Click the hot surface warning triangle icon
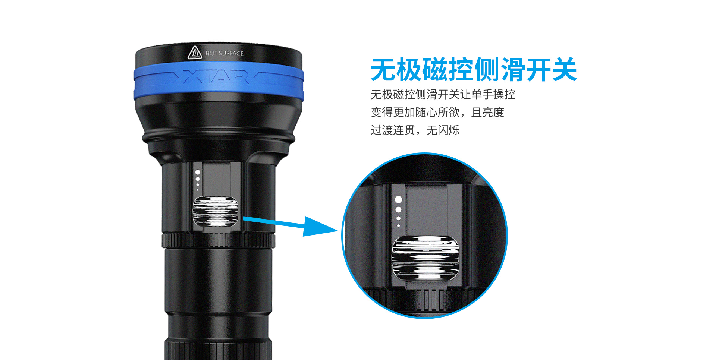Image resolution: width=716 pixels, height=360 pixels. point(195,53)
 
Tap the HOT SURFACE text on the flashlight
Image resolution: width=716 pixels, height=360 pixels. point(224,53)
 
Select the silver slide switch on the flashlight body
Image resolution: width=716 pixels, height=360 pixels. point(216,211)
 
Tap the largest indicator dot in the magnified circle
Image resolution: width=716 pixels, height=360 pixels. point(398,200)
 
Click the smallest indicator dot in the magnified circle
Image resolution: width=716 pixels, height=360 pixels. point(398,225)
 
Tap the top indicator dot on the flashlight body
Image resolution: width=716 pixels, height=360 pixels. point(198,172)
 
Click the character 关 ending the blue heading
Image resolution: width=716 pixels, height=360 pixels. point(565,70)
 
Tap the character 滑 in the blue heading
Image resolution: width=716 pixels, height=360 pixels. point(513,70)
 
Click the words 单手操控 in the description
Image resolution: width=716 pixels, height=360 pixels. point(493,95)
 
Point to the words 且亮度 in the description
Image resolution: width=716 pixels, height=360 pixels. point(488,112)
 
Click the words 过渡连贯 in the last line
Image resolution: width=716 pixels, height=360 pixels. point(393,130)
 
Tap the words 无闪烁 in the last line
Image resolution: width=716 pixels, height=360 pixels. point(443,130)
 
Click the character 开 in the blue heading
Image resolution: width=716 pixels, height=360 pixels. point(539,70)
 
